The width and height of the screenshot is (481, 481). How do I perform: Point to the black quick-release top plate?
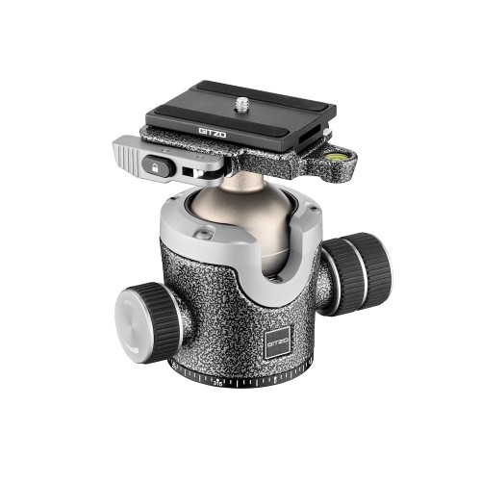tap(241, 111)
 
